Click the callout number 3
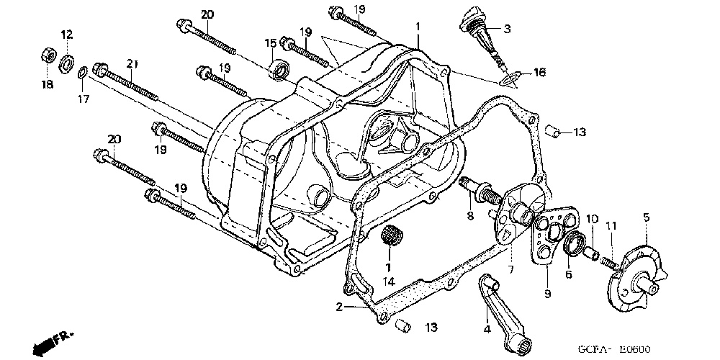507,29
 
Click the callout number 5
646,216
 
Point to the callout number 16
539,73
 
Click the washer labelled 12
66,62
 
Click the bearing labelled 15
279,70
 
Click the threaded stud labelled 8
480,192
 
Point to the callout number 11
611,227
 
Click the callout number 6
569,274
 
